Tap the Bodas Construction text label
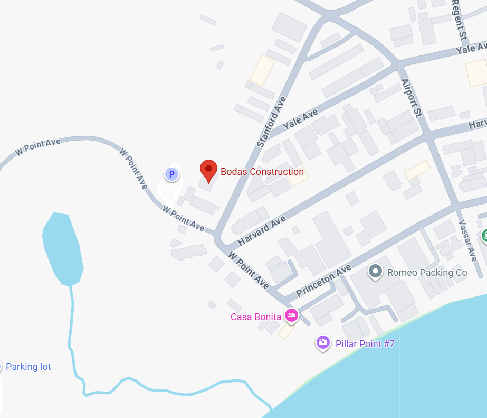[x=262, y=172]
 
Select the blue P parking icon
[x=171, y=174]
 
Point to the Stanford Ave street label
[x=271, y=122]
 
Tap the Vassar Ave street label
[x=468, y=240]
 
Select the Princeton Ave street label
[x=323, y=281]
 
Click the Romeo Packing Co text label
[x=427, y=273]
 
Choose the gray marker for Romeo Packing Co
[x=375, y=272]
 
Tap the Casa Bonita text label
[x=255, y=317]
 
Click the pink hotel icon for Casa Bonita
[x=291, y=316]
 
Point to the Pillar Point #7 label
[x=365, y=344]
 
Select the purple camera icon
[x=323, y=342]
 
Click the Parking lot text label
[x=28, y=367]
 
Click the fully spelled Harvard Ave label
[x=262, y=230]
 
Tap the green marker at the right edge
[x=484, y=236]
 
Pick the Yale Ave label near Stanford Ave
[x=301, y=120]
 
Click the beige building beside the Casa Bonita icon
[x=287, y=331]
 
